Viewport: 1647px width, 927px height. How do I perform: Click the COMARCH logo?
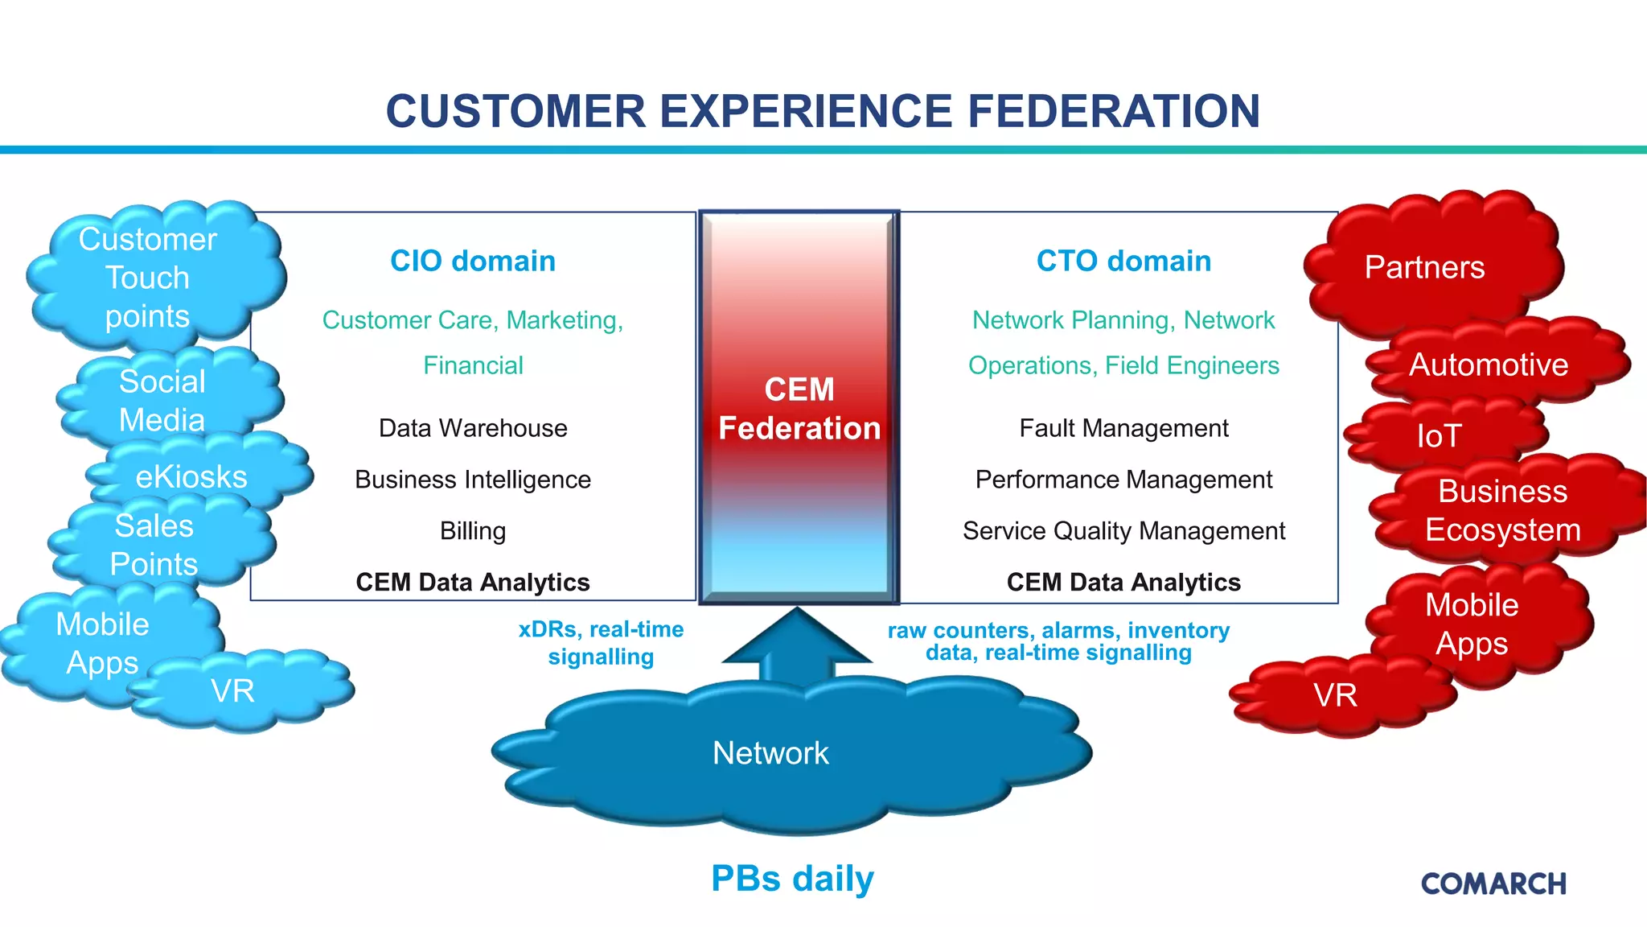point(1493,884)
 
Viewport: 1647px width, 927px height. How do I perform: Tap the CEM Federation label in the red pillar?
point(799,409)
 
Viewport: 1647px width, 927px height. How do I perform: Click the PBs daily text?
point(792,879)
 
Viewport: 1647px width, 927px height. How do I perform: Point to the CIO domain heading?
point(473,261)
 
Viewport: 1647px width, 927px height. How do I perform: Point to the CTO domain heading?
point(1123,261)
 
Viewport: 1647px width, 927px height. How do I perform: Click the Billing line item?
point(473,531)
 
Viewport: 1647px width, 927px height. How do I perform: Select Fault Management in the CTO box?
point(1123,428)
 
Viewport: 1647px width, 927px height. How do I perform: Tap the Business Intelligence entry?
point(473,480)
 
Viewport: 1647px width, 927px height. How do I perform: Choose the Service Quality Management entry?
point(1123,531)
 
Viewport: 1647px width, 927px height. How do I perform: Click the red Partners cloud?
point(1424,267)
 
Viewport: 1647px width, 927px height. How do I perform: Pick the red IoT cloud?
point(1440,436)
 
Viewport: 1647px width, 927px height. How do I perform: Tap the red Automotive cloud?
point(1489,365)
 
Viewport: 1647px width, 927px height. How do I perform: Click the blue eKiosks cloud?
point(191,476)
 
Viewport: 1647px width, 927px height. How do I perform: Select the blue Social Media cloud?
point(162,400)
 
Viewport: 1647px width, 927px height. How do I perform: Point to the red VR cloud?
point(1335,695)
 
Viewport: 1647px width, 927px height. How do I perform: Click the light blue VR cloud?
point(233,691)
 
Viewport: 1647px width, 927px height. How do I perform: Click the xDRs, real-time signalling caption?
point(601,643)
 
